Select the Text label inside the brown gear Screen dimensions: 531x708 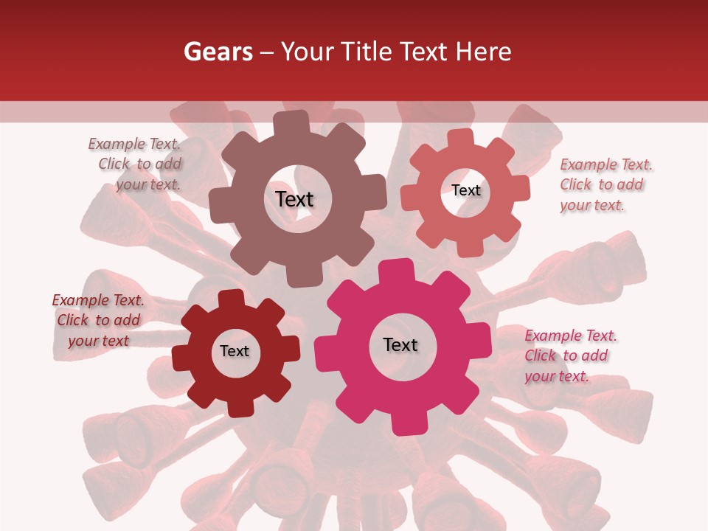294,199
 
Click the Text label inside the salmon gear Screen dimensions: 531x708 465,190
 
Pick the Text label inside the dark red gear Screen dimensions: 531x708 235,351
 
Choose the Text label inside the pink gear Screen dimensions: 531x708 400,344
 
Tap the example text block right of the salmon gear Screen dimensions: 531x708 605,185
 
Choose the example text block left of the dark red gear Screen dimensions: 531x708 98,320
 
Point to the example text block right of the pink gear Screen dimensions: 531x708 570,356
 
